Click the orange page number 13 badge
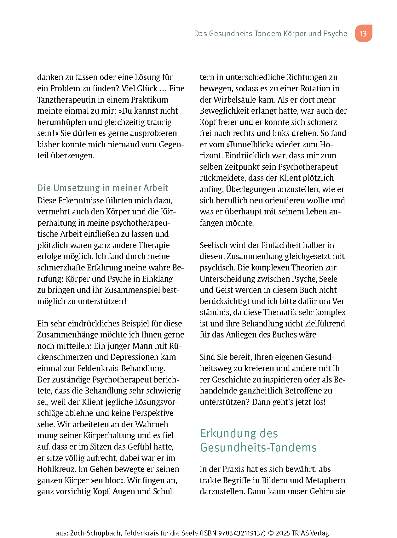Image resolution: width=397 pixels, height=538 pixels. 363,33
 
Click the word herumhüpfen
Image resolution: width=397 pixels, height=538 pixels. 61,122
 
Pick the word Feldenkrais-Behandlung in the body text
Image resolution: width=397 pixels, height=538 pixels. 121,368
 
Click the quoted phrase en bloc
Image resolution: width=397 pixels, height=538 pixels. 107,480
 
